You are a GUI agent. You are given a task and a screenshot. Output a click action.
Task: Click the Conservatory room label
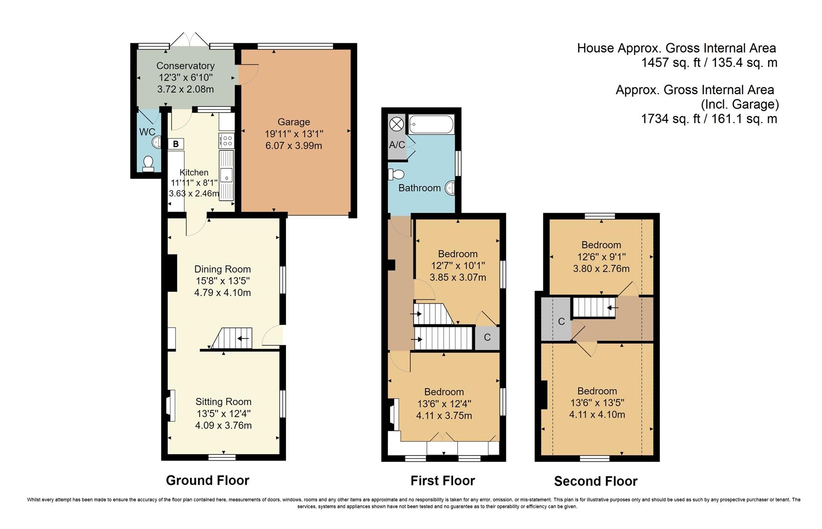(x=185, y=66)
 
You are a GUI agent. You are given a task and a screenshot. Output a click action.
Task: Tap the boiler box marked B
(x=176, y=144)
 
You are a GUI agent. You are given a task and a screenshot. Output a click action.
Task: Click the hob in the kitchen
(x=227, y=141)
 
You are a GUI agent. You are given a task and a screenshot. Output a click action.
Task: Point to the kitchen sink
(x=227, y=175)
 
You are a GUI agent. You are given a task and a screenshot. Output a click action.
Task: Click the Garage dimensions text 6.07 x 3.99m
(x=294, y=145)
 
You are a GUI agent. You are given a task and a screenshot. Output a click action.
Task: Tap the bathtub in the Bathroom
(x=431, y=124)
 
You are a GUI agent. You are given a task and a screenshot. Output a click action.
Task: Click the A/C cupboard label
(x=397, y=145)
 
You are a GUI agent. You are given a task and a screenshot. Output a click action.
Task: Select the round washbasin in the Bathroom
(x=450, y=188)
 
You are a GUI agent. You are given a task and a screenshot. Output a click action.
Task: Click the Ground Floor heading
(x=208, y=481)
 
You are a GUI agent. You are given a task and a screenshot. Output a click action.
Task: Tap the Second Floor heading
(x=595, y=481)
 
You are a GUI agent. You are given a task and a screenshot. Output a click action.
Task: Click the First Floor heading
(x=443, y=481)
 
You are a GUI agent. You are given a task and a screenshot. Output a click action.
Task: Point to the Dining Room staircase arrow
(x=243, y=338)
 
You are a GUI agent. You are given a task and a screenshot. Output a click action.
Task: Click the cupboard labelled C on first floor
(x=487, y=337)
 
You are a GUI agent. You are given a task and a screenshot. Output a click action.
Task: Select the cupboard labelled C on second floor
(x=562, y=321)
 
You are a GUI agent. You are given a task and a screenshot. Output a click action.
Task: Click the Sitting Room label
(x=223, y=402)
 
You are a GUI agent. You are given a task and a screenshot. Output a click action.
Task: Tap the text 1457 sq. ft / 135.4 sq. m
(x=709, y=63)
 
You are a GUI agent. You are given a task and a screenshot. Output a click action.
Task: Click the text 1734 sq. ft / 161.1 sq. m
(x=709, y=119)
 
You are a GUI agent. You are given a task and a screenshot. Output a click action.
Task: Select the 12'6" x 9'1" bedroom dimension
(x=601, y=257)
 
